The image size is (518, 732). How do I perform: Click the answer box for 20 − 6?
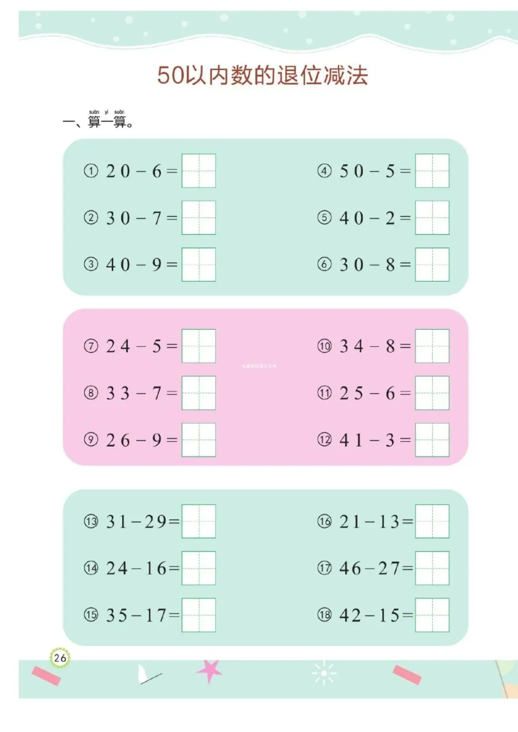pyautogui.click(x=199, y=171)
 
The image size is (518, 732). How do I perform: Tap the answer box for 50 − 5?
pyautogui.click(x=432, y=171)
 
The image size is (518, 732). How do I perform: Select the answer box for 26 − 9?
pyautogui.click(x=199, y=440)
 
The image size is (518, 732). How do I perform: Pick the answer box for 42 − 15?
pyautogui.click(x=432, y=615)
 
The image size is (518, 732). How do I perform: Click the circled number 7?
pyautogui.click(x=91, y=346)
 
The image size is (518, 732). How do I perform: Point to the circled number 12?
pyautogui.click(x=325, y=440)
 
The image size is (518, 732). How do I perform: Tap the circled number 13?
pyautogui.click(x=91, y=522)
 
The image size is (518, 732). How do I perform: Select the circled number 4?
pyautogui.click(x=325, y=171)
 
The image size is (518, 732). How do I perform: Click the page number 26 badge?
pyautogui.click(x=60, y=658)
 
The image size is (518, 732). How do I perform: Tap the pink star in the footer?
pyautogui.click(x=209, y=670)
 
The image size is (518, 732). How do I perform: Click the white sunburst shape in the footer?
pyautogui.click(x=324, y=673)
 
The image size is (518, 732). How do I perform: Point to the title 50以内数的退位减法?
pyautogui.click(x=262, y=75)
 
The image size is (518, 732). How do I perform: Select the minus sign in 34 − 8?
pyautogui.click(x=374, y=346)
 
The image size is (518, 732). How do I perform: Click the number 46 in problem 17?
pyautogui.click(x=350, y=569)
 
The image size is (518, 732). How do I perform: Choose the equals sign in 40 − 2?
pyautogui.click(x=405, y=218)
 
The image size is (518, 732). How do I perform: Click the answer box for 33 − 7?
pyautogui.click(x=199, y=393)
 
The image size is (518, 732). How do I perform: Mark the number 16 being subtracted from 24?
pyautogui.click(x=155, y=569)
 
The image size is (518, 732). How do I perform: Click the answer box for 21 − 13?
pyautogui.click(x=432, y=522)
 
